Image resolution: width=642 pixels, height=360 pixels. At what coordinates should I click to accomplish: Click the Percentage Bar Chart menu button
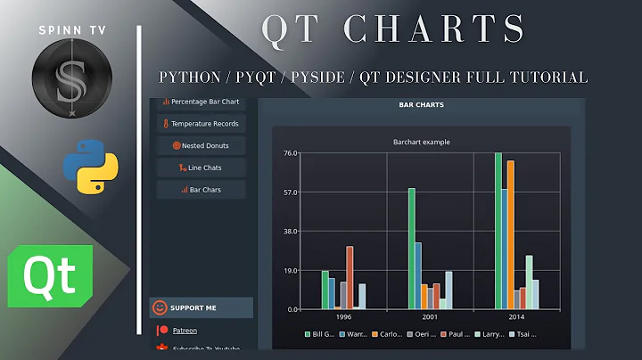[201, 102]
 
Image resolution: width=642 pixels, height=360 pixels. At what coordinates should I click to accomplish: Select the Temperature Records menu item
[201, 124]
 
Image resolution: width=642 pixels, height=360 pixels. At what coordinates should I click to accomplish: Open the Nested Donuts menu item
[201, 145]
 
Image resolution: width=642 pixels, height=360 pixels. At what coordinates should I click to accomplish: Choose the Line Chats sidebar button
[201, 168]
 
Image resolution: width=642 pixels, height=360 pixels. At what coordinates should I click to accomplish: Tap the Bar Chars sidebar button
[201, 190]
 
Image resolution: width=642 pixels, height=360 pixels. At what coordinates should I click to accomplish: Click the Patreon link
[185, 331]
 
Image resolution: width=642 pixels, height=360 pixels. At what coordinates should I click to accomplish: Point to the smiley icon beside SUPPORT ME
[160, 308]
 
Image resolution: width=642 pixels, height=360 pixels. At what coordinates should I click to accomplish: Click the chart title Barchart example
[421, 142]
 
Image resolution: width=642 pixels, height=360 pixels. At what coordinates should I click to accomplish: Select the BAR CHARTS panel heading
[421, 105]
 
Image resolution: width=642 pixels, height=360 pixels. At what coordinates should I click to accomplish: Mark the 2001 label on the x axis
[431, 316]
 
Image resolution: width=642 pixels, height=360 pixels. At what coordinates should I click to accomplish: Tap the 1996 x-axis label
[343, 316]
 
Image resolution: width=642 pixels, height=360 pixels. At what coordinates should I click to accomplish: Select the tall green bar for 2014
[498, 232]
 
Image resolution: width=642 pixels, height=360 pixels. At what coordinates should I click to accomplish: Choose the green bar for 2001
[411, 249]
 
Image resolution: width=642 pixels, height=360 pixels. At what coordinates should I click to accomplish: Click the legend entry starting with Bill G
[320, 335]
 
